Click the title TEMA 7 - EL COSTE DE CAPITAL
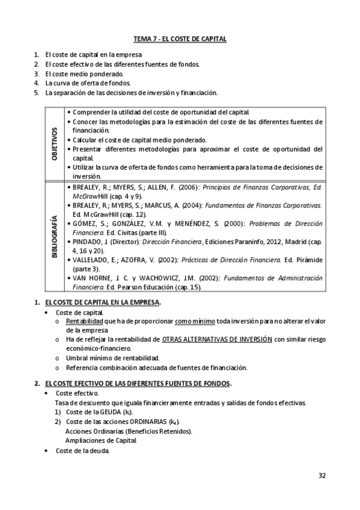180,39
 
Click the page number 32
322,475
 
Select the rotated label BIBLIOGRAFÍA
54,236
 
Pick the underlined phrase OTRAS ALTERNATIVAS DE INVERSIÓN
217,340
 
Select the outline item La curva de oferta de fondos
88,83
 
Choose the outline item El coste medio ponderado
83,74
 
